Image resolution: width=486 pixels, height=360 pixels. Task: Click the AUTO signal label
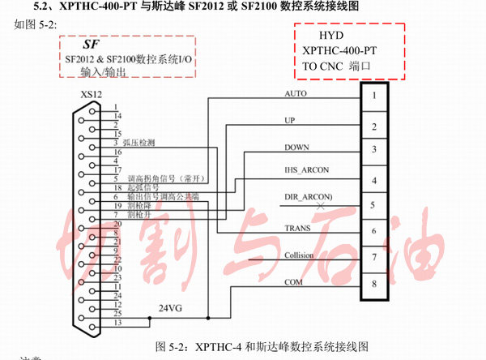[296, 93]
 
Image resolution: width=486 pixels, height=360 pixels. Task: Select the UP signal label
[290, 120]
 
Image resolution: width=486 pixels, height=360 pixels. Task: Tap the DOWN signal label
[297, 147]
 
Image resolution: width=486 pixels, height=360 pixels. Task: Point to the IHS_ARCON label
[308, 171]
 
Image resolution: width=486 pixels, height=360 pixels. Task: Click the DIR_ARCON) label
[309, 197]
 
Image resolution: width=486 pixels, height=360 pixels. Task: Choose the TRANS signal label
[298, 229]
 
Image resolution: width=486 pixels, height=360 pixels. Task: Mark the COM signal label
[294, 282]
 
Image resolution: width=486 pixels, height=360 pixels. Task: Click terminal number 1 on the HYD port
[373, 96]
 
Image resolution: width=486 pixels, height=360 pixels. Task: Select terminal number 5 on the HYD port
[373, 204]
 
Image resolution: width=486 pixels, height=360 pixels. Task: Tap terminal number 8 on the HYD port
[373, 284]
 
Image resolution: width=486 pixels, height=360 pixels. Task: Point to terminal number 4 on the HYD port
[373, 179]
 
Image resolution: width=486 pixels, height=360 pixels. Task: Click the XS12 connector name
[91, 95]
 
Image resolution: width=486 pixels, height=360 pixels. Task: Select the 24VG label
[169, 307]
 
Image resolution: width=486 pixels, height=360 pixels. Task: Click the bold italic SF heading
[90, 45]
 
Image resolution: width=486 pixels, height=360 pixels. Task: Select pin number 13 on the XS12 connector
[118, 322]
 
